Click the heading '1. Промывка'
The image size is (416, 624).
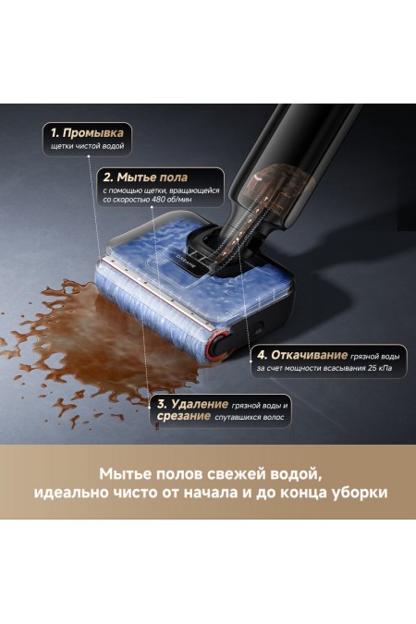[88, 133]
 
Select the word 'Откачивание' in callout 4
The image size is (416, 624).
[315, 354]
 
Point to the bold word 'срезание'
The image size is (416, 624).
[183, 418]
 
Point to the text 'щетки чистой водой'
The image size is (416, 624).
[87, 148]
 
